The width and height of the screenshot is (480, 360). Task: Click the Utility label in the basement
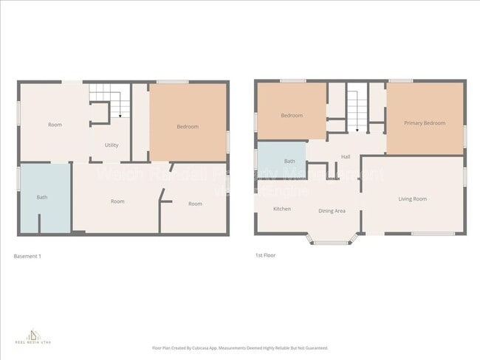[x=112, y=145]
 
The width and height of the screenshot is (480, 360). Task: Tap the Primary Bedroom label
[x=425, y=123]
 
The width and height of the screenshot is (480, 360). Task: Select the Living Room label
[x=413, y=199]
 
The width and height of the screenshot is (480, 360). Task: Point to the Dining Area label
[x=332, y=211]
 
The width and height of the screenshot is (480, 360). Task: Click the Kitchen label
[x=281, y=209]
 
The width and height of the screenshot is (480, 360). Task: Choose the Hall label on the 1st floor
[x=346, y=156]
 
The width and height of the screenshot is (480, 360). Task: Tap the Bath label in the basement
[x=42, y=197]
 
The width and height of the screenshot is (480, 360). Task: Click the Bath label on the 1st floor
[x=289, y=161]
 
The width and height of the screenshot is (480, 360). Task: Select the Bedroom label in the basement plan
[x=188, y=127]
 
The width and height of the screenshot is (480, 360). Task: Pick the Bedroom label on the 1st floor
[x=291, y=116]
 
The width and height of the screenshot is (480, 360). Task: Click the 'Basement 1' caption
[x=28, y=256]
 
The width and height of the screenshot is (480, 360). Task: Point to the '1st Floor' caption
[x=265, y=256]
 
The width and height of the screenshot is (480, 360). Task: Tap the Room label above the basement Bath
[x=55, y=125]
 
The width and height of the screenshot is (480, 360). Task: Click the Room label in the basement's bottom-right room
[x=195, y=204]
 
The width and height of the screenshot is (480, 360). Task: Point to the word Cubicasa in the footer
[x=216, y=347]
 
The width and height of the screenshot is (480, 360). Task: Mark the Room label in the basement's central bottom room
[x=117, y=201]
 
